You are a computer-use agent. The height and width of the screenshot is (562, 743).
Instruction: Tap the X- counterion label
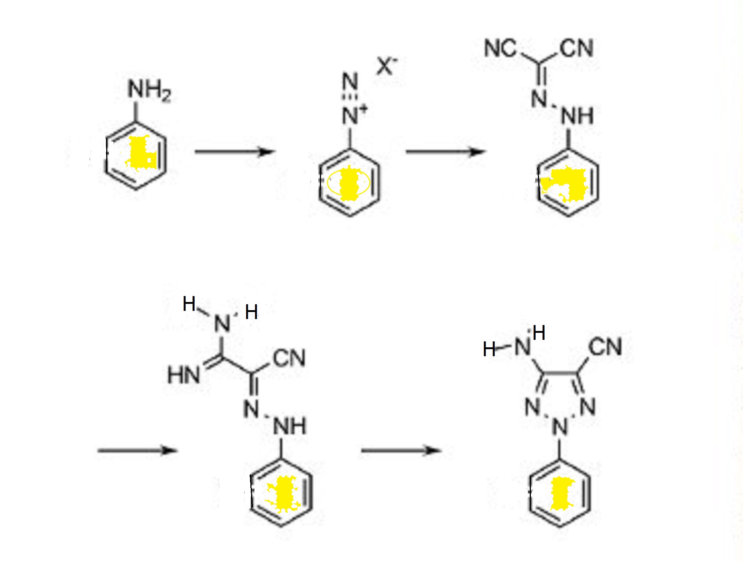click(x=387, y=66)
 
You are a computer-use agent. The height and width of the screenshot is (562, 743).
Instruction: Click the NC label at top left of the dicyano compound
click(x=500, y=48)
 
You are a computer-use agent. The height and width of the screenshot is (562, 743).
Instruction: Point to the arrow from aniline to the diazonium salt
click(x=234, y=152)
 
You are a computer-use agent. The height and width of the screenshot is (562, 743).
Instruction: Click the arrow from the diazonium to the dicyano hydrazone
click(x=445, y=152)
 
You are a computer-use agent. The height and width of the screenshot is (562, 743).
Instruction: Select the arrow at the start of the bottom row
click(x=137, y=451)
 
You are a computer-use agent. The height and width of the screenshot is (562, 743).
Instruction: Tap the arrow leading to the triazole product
click(x=401, y=451)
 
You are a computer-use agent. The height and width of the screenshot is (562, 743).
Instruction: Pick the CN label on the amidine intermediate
click(x=289, y=358)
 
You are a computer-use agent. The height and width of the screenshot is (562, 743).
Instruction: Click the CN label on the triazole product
click(x=605, y=347)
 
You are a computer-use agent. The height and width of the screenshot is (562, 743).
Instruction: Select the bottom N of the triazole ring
click(x=560, y=427)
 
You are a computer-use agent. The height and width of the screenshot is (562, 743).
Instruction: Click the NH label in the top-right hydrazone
click(x=577, y=116)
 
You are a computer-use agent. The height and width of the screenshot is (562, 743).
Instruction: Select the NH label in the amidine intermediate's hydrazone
click(x=290, y=426)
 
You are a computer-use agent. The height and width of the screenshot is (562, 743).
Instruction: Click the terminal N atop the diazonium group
click(x=350, y=81)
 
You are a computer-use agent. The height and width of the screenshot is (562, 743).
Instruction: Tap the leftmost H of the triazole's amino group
click(x=489, y=349)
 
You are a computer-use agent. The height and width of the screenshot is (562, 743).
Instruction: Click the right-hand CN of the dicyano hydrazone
click(x=577, y=48)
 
